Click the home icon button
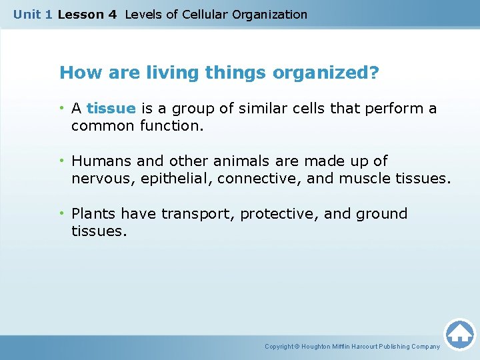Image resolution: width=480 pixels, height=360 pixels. pos(459,333)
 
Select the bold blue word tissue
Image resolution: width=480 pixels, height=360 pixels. pos(111,109)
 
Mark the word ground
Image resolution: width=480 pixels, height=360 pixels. pos(383,214)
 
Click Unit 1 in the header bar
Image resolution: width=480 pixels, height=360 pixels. pos(33,14)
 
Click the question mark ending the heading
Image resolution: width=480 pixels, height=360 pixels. pos(374,73)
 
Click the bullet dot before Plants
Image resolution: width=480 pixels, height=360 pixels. pos(63,214)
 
